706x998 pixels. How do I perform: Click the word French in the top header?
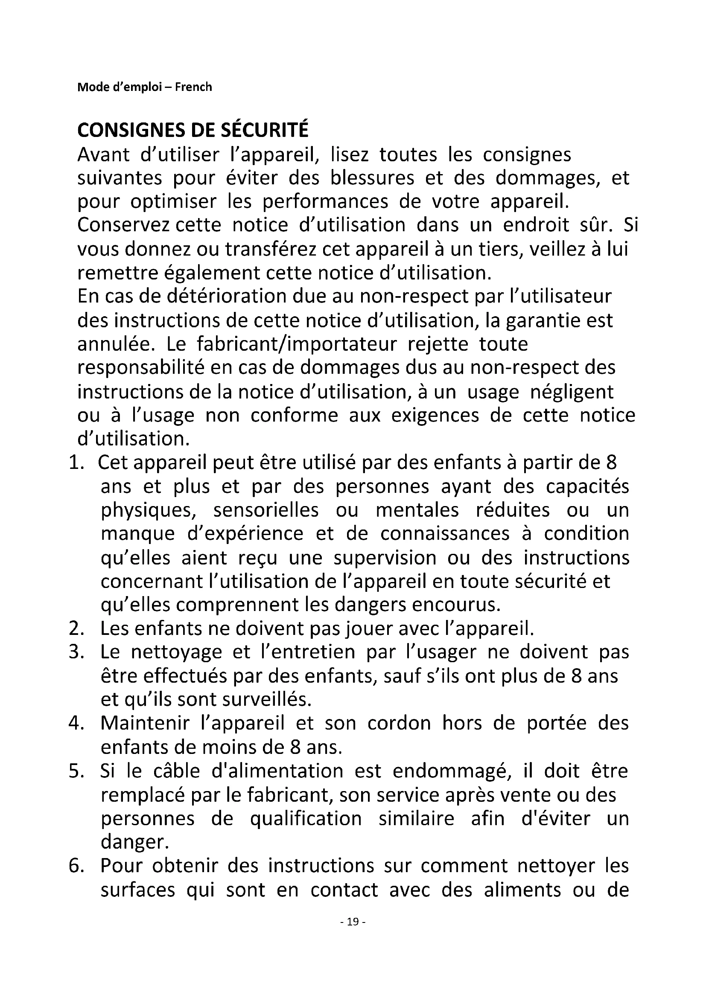[x=193, y=87]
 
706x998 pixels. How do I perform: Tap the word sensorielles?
[x=265, y=510]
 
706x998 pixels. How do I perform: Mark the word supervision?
[x=385, y=558]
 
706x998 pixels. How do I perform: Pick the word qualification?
[x=306, y=819]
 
